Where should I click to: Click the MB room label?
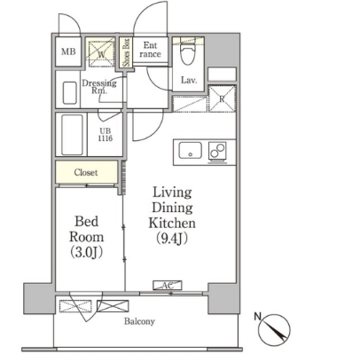[x=68, y=51]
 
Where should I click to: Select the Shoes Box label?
[x=127, y=52]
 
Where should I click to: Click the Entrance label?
[x=150, y=50]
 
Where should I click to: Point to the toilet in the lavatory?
[x=188, y=53]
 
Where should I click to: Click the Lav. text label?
[x=189, y=80]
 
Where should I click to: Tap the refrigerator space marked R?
[x=222, y=98]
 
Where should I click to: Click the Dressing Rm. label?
[x=99, y=87]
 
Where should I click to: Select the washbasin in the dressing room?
[x=70, y=92]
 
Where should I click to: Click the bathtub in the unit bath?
[x=72, y=135]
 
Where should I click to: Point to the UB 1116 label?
[x=106, y=135]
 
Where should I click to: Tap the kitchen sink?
[x=191, y=151]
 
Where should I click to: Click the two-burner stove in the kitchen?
[x=217, y=151]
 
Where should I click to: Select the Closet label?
[x=86, y=172]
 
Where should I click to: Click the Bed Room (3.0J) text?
[x=86, y=237]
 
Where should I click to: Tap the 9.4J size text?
[x=172, y=239]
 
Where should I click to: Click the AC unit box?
[x=168, y=285]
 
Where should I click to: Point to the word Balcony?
[x=139, y=321]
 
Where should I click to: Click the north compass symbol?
[x=274, y=330]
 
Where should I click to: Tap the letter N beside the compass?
[x=258, y=317]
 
